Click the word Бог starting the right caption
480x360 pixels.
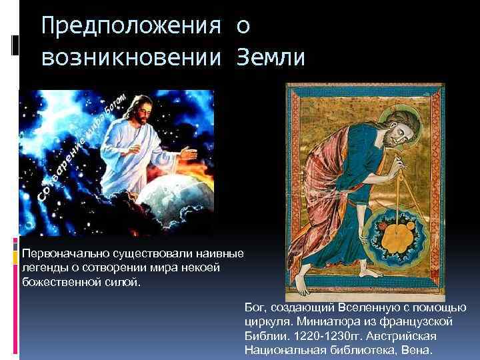pos(255,307)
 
